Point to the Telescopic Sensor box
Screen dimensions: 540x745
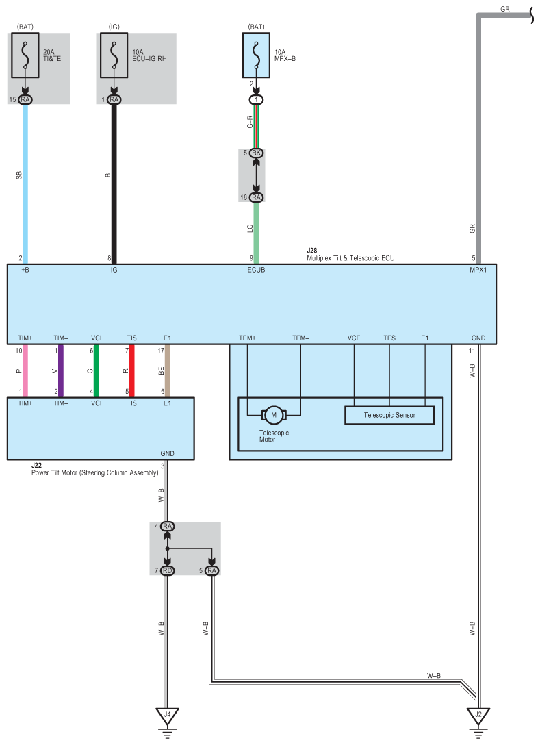pyautogui.click(x=389, y=415)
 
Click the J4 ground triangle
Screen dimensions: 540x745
pyautogui.click(x=167, y=716)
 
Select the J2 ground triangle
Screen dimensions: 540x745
pyautogui.click(x=478, y=716)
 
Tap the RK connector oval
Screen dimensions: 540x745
pyautogui.click(x=256, y=153)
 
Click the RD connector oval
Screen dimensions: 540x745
pyautogui.click(x=167, y=570)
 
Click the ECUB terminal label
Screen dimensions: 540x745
pyautogui.click(x=256, y=270)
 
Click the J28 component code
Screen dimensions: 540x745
pyautogui.click(x=312, y=251)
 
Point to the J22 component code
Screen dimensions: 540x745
pyautogui.click(x=36, y=465)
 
